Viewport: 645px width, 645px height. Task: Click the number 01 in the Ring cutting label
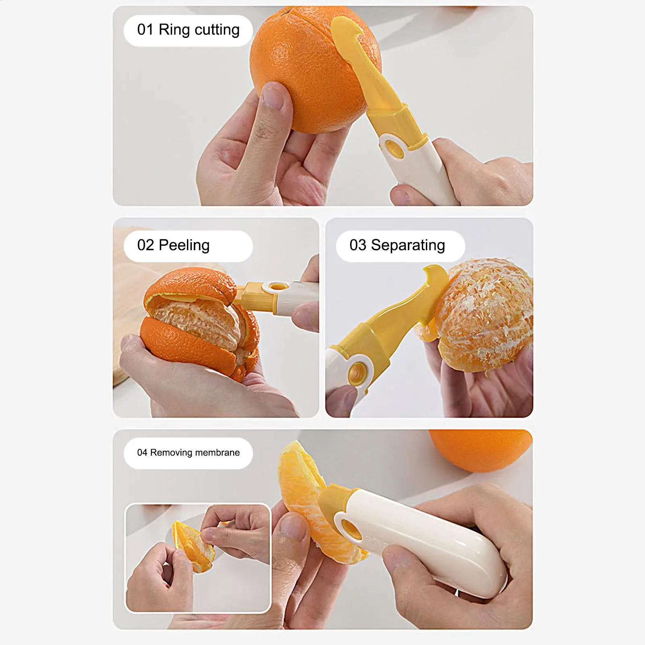[x=145, y=30]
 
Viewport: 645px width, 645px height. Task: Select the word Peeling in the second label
[x=184, y=245]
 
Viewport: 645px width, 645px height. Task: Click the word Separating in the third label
[x=408, y=245]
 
